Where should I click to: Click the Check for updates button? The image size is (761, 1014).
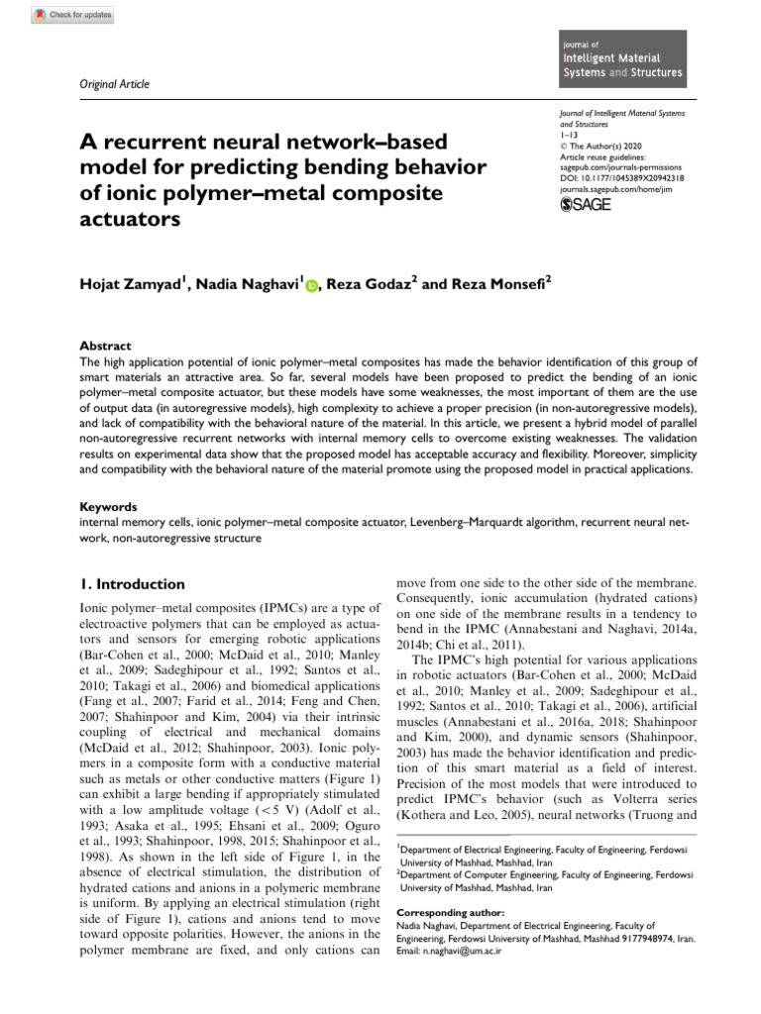[73, 15]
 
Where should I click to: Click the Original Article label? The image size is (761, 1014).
[113, 84]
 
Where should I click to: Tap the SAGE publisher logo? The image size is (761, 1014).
[587, 205]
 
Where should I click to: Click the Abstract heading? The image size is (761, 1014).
[104, 346]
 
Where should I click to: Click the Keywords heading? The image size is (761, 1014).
[108, 505]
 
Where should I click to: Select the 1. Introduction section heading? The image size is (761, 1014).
[131, 584]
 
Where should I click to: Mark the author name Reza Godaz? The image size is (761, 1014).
[367, 285]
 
